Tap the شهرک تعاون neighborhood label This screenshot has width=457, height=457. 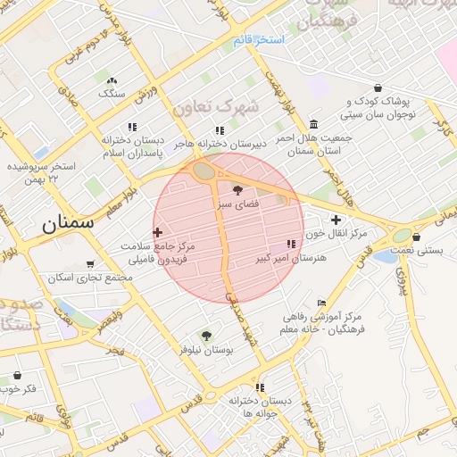point(221,107)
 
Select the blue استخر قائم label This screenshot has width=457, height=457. point(258,41)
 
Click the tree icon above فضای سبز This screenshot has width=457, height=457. point(237,189)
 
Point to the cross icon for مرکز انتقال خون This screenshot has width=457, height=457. point(336,220)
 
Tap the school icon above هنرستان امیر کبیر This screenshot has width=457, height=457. point(291,244)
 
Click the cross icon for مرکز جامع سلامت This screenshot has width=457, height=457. point(158,232)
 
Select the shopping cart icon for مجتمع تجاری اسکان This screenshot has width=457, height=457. point(90,264)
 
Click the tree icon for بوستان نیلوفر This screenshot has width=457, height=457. point(207,336)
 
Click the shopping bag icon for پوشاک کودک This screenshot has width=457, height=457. point(378,88)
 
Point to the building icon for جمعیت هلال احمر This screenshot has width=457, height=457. point(313,124)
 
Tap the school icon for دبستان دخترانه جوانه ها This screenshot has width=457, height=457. point(260,387)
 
